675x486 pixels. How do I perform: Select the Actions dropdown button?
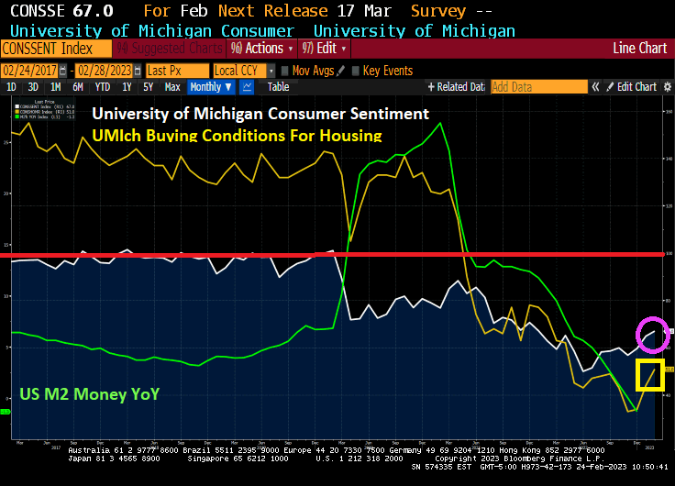262,48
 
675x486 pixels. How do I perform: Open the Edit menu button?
326,48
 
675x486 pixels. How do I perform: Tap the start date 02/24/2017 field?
35,71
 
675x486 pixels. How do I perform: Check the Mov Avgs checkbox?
285,71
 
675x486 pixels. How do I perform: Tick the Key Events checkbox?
356,71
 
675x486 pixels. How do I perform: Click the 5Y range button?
147,87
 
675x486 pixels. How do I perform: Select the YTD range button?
102,87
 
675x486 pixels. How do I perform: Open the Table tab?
278,87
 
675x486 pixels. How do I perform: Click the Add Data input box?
538,87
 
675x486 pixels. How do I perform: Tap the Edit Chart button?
636,87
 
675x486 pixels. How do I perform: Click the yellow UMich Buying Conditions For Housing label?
237,135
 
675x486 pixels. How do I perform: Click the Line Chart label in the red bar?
639,48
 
